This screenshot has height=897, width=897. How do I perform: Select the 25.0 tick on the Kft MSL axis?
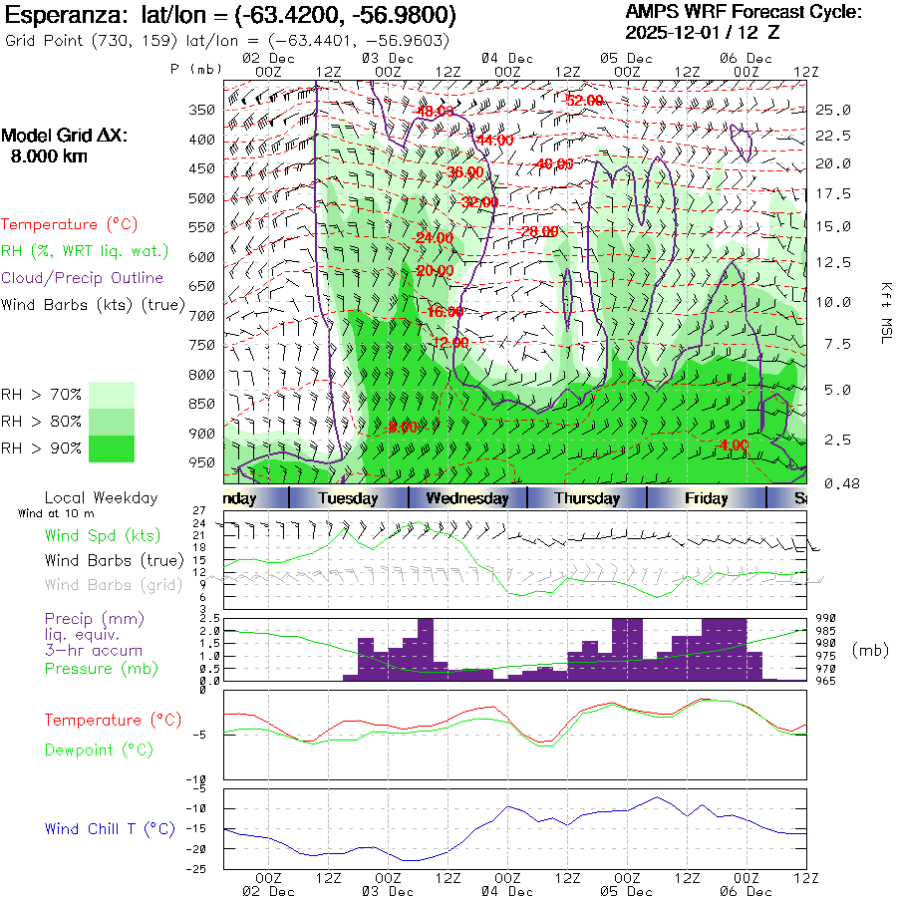coord(832,110)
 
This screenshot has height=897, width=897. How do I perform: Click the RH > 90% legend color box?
coord(112,448)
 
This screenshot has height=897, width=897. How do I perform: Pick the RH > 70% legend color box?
coord(112,395)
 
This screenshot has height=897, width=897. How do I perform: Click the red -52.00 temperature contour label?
coord(584,101)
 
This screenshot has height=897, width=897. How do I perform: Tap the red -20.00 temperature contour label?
coord(435,270)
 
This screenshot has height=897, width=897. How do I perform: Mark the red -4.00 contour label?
coord(734,445)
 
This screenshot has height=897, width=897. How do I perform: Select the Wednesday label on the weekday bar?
coord(466,498)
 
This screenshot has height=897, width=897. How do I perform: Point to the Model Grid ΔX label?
coord(65,137)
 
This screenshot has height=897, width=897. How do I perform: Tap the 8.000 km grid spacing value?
coord(49,156)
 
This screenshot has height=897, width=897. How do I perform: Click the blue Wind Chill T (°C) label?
coord(110,828)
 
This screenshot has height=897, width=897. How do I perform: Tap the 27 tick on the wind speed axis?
coord(199,510)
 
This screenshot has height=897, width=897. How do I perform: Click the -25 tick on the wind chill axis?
coord(199,869)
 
